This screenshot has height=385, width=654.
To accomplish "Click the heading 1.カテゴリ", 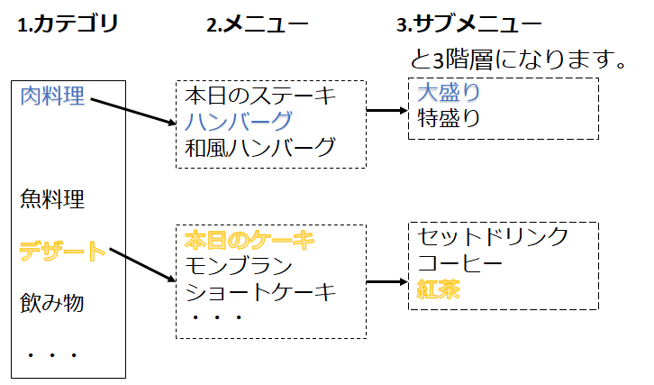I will point(68,24).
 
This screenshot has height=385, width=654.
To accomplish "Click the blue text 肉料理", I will point(52,95).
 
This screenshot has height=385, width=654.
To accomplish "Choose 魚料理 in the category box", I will point(52,198).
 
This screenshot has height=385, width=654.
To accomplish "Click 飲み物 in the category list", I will point(52,302).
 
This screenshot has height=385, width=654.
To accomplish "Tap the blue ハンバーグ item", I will point(239,121).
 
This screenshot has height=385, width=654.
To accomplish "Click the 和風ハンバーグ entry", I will point(259,147).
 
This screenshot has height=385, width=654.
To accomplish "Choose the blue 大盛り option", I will point(449,92).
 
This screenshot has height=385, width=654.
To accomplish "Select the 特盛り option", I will point(449,117).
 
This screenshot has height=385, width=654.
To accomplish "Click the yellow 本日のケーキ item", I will point(250,240).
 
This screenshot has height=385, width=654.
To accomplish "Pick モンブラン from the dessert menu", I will point(239,265).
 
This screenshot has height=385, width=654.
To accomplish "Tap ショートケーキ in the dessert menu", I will point(259,291).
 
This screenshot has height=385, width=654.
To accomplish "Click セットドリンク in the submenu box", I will point(494,237).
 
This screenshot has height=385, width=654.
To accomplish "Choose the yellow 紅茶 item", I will point(439,289).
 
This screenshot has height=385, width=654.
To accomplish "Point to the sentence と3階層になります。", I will point(518,61).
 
